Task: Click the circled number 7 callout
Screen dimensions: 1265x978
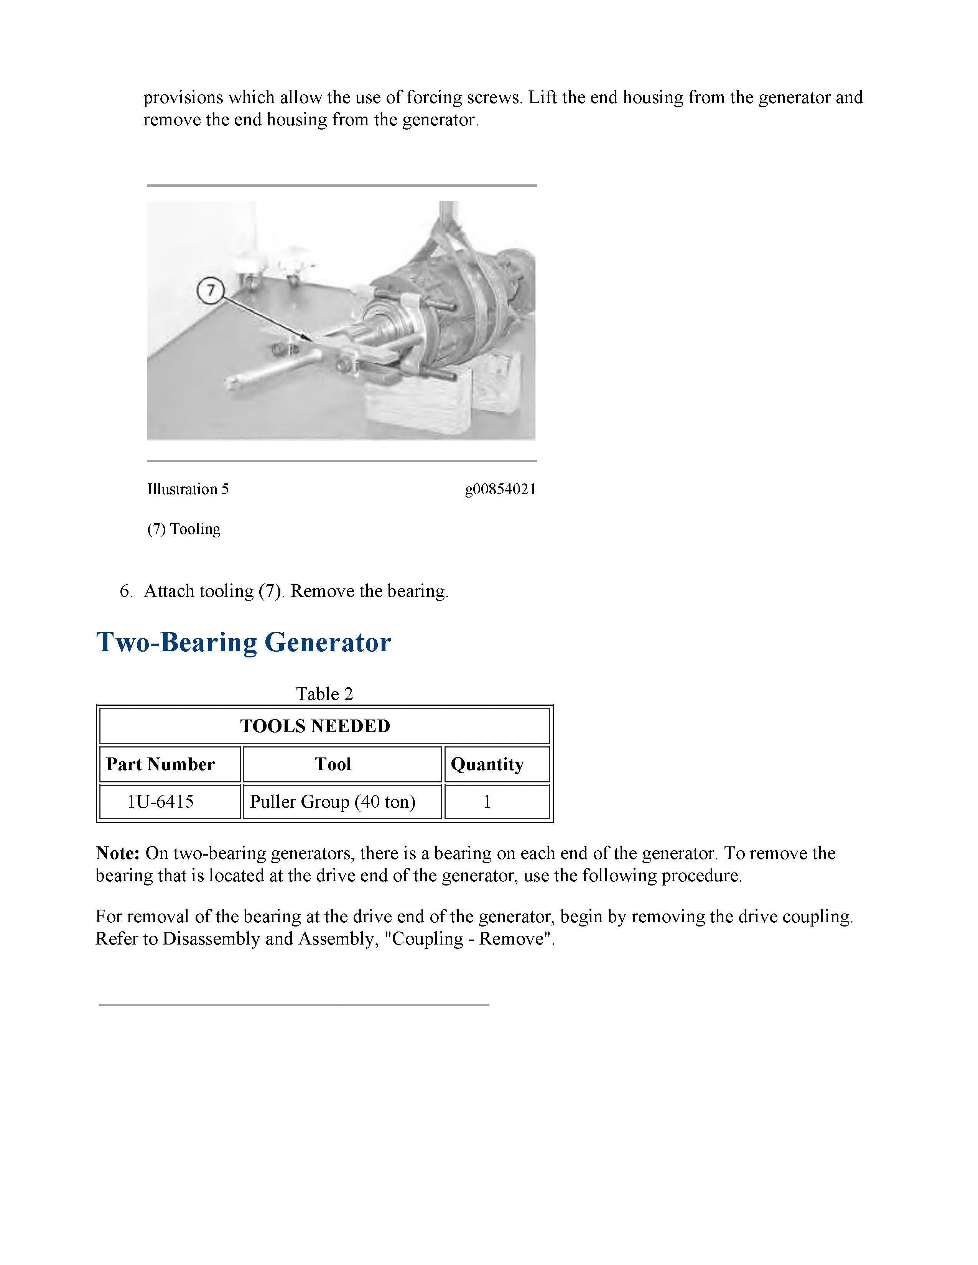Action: tap(210, 290)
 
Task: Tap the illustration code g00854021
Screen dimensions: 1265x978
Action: tap(500, 490)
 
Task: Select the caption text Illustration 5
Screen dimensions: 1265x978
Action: tap(188, 490)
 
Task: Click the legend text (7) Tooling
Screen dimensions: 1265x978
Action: tap(184, 529)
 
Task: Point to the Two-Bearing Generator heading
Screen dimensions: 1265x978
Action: tap(243, 642)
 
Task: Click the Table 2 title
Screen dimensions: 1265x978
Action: tap(324, 693)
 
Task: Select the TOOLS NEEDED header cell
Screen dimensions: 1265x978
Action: tap(315, 726)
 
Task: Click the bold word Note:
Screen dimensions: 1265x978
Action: tap(118, 853)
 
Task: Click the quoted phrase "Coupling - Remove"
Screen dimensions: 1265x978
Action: tap(469, 939)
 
